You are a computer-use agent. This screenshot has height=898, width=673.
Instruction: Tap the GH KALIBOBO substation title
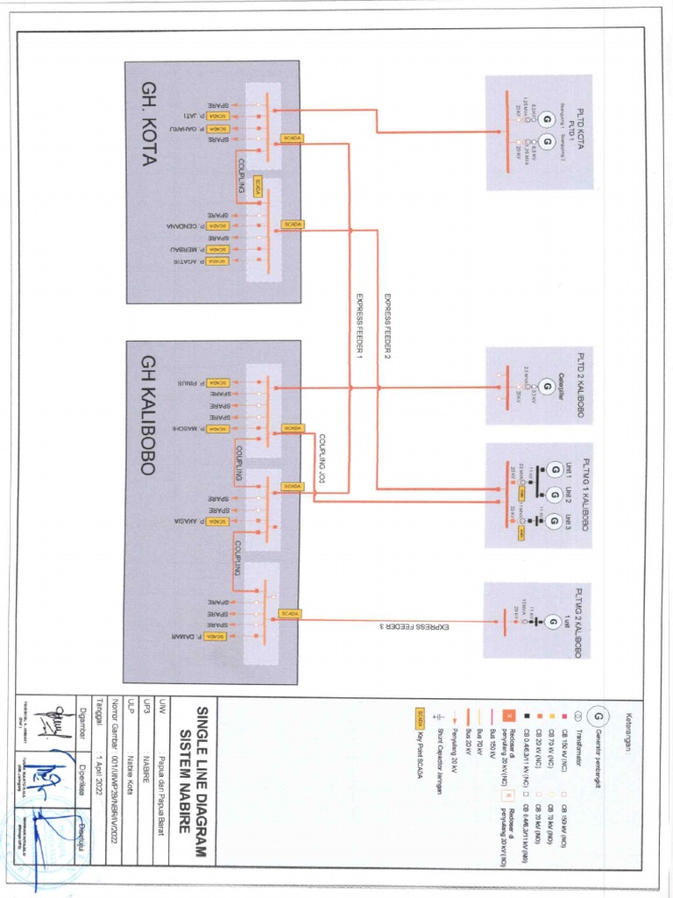[146, 415]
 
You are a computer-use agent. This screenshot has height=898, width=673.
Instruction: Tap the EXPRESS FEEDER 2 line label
[386, 327]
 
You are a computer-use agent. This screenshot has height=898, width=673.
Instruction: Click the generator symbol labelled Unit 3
[553, 523]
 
